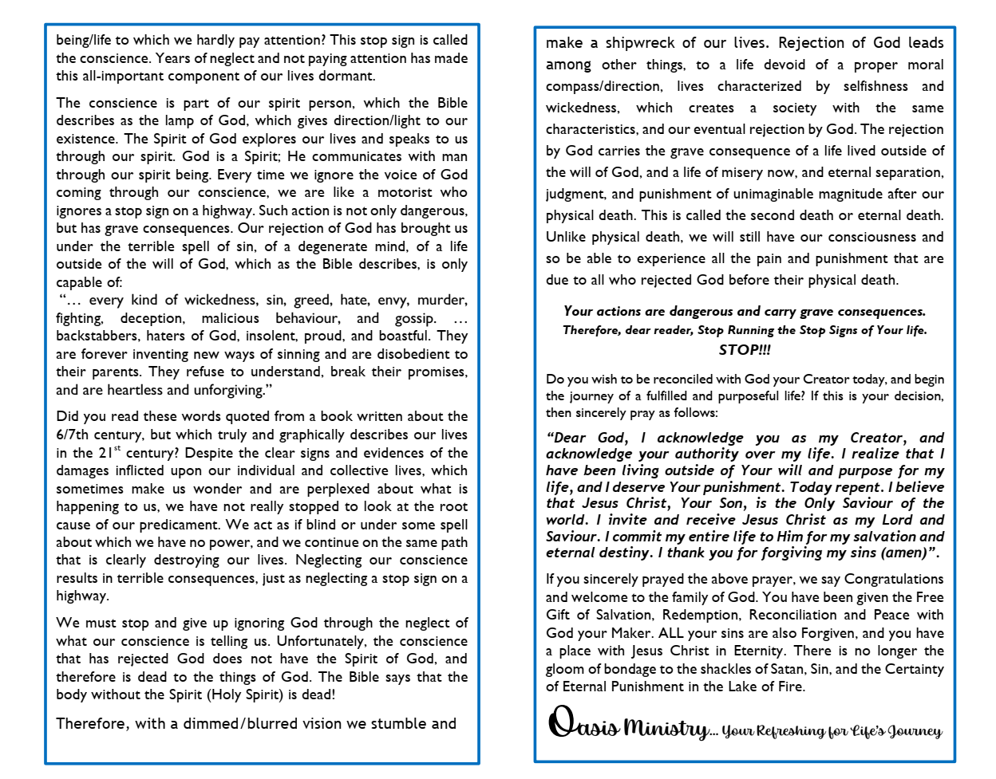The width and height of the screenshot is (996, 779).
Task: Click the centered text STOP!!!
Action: coord(744,349)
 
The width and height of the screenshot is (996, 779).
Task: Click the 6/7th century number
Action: coord(73,435)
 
